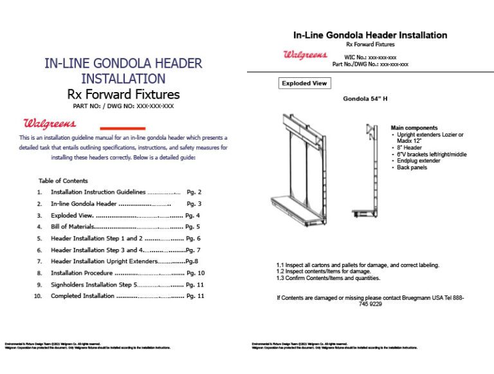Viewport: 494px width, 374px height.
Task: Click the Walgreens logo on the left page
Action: tap(50, 123)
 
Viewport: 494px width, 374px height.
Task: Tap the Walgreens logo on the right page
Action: tap(305, 55)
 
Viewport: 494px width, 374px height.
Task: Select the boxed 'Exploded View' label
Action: tap(304, 83)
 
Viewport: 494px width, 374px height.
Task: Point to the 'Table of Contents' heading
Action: tap(63, 181)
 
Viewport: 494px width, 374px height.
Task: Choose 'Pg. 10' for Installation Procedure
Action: tap(196, 273)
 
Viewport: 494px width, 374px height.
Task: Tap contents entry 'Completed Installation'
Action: tap(82, 296)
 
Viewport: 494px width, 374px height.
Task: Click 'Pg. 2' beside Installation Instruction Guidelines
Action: tap(194, 192)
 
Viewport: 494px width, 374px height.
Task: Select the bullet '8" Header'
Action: tap(408, 148)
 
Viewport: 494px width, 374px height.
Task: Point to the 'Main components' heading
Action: tap(414, 128)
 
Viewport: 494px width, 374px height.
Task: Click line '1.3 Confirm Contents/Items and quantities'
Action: tap(328, 278)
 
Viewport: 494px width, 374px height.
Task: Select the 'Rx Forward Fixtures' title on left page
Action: tap(123, 95)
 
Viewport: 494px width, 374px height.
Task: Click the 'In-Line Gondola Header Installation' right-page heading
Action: tap(370, 35)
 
